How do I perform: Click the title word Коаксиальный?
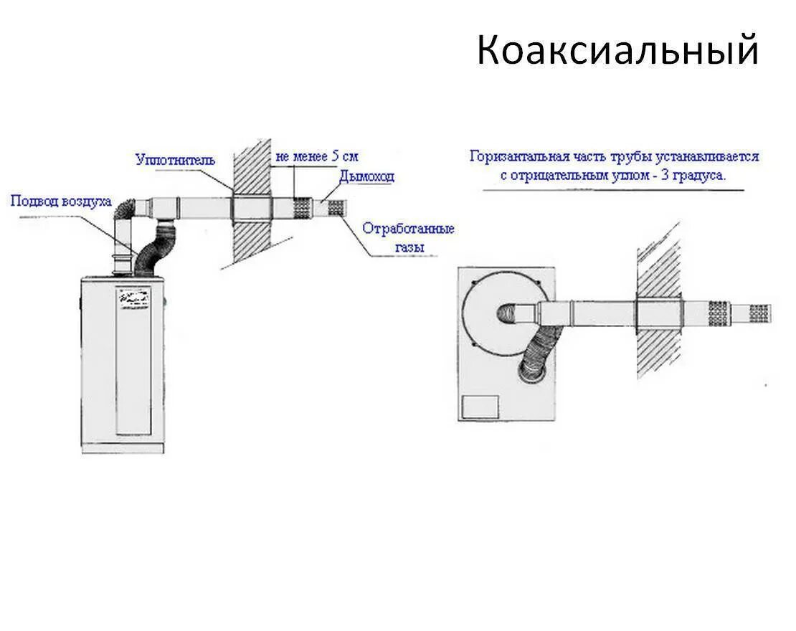coord(617,51)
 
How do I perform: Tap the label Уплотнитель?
coord(175,160)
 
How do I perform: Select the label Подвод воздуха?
coord(61,201)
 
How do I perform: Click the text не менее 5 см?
coord(316,156)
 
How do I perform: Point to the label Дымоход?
coord(366,176)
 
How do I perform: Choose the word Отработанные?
coord(408,229)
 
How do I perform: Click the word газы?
coord(409,247)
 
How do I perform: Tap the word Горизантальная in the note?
coord(520,156)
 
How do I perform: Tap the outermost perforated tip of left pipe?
coord(336,209)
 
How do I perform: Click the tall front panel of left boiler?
coord(135,373)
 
